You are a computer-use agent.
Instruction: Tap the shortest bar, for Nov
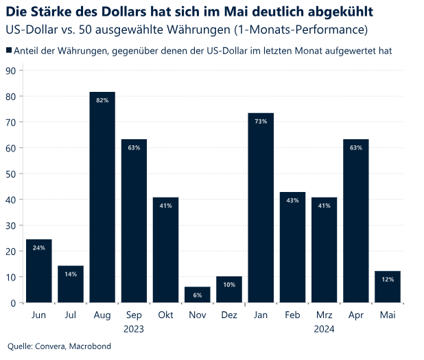tap(197, 296)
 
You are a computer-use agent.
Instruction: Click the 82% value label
tap(102, 100)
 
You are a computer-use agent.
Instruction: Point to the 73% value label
tap(261, 121)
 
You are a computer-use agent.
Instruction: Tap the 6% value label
tap(197, 295)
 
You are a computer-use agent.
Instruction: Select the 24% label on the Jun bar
tap(38, 248)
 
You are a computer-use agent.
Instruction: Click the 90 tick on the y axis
tap(11, 70)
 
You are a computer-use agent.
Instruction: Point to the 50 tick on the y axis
tap(11, 173)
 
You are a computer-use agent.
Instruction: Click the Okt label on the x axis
tap(165, 315)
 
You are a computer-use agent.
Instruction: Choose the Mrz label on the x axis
tap(324, 315)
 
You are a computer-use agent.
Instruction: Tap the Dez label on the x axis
tap(228, 315)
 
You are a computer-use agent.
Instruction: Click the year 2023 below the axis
tap(134, 329)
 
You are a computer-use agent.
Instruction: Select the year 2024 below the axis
tap(324, 329)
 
